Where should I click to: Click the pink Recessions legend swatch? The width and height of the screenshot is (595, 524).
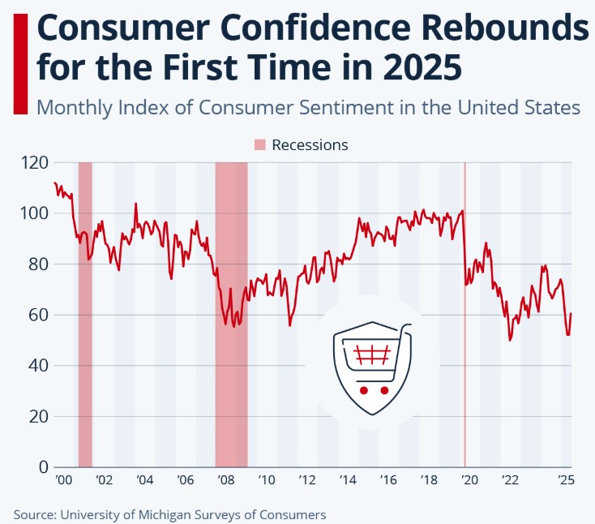point(259,145)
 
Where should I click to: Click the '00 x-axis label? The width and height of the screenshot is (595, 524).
point(63,480)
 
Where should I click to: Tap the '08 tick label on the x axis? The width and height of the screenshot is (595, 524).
point(225,480)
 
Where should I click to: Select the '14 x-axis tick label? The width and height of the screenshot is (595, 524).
point(348,480)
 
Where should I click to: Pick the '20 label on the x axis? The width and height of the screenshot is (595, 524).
point(469,480)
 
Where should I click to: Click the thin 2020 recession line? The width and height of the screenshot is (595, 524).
point(464,365)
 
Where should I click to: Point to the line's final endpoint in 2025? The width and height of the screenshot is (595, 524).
point(571,313)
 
